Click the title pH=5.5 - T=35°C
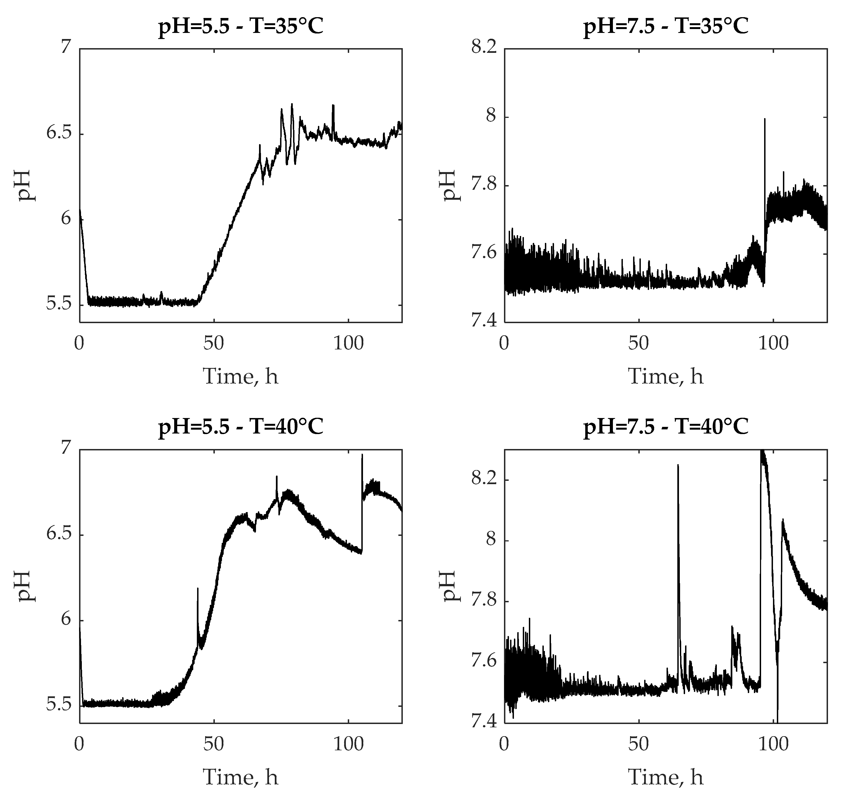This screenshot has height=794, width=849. tap(241, 27)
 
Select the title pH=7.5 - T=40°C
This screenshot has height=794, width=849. tap(666, 427)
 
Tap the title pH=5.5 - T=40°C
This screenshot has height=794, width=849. tap(241, 427)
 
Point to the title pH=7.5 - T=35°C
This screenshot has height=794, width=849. tap(666, 27)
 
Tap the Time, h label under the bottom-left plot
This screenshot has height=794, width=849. tap(241, 777)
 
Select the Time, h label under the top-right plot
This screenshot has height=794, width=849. tap(666, 376)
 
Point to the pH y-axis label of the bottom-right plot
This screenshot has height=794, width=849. tap(450, 586)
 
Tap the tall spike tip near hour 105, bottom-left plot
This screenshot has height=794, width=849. tap(362, 455)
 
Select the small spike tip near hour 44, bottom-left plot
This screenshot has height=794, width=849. tap(198, 588)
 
